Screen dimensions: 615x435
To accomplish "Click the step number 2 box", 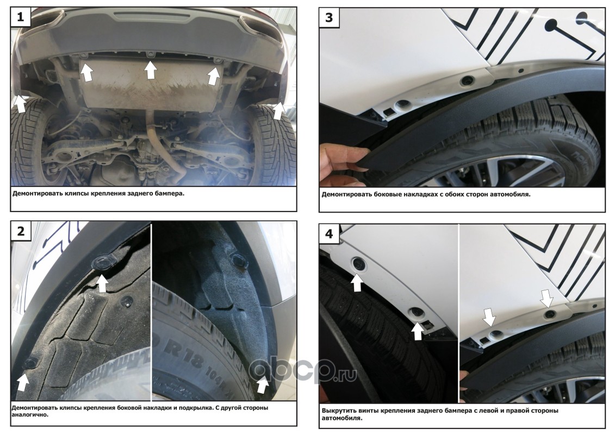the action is pyautogui.click(x=21, y=231).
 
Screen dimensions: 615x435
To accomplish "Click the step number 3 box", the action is pyautogui.click(x=328, y=17).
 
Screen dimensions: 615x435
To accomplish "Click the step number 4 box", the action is pyautogui.click(x=328, y=233).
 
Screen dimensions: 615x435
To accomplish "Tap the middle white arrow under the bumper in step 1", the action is pyautogui.click(x=150, y=70).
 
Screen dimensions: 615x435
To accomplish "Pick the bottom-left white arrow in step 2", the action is pyautogui.click(x=23, y=382).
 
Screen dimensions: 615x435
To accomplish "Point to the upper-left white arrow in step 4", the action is pyautogui.click(x=357, y=282).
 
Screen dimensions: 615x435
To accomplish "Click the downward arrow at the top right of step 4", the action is pyautogui.click(x=546, y=298).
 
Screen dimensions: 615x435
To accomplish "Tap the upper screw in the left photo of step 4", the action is pyautogui.click(x=358, y=264).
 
